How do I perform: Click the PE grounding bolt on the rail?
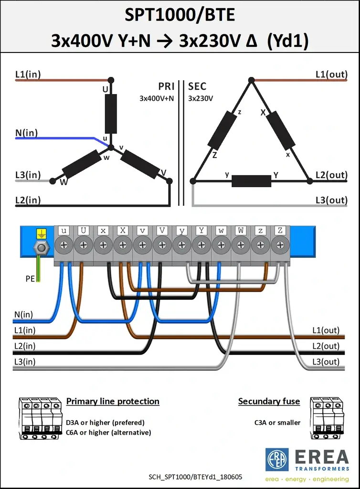[42, 248]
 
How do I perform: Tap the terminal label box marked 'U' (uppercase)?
[83, 231]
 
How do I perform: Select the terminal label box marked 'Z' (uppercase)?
[280, 231]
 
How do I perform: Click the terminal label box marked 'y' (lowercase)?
[182, 231]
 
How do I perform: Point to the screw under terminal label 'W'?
[241, 245]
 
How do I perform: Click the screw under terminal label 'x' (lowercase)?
[103, 245]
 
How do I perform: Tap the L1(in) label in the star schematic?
[28, 74]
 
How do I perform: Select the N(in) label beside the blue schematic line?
[26, 133]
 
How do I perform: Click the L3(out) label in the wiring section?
[326, 362]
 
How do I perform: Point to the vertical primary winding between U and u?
[111, 114]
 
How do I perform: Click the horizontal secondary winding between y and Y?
[251, 181]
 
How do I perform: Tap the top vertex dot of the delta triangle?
[251, 80]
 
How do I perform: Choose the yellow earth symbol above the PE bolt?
[41, 233]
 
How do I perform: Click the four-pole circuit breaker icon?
[40, 418]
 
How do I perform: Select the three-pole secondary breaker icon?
[327, 418]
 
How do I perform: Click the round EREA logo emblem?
[277, 460]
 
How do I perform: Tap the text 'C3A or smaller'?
[277, 423]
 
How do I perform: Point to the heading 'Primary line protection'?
[113, 401]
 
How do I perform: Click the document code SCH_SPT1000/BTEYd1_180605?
[195, 477]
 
